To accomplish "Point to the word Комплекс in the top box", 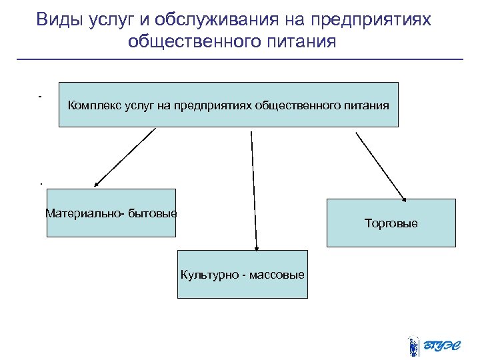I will click(x=91, y=105).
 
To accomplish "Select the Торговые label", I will click(x=391, y=223).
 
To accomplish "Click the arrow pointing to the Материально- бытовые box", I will click(x=125, y=157).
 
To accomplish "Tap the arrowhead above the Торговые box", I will click(x=403, y=196).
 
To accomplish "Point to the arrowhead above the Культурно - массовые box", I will click(x=256, y=247).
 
